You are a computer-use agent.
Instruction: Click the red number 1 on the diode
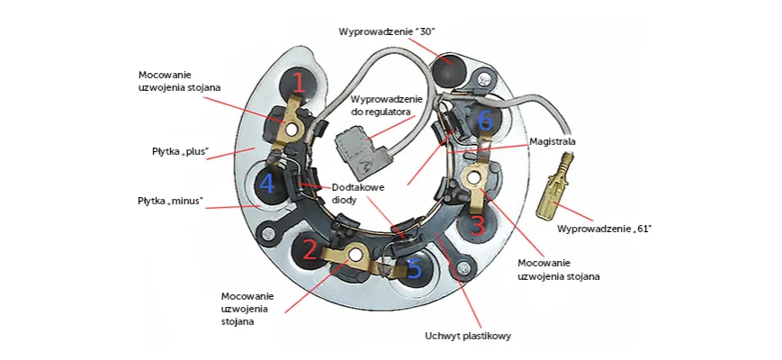[299, 85]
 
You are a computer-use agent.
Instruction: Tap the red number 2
[310, 249]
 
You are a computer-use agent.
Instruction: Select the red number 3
[478, 222]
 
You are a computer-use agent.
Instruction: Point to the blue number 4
[266, 184]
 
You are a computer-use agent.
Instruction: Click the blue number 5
[413, 268]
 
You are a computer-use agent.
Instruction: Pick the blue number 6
[485, 121]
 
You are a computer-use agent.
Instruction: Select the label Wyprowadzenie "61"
[604, 229]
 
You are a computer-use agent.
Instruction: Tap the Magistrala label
[553, 141]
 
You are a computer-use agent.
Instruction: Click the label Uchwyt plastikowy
[468, 337]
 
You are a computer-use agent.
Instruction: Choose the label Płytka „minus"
[170, 200]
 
